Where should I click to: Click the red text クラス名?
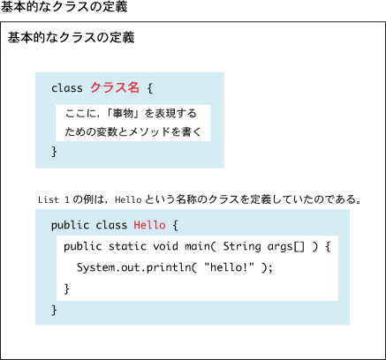(115, 87)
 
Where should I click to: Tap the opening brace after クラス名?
(150, 88)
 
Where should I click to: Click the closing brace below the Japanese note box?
(54, 152)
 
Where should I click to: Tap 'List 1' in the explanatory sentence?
(54, 200)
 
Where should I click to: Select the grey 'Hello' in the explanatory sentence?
(128, 200)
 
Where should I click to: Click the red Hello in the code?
(149, 225)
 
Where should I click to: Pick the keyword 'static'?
(127, 246)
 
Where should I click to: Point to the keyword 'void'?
(165, 246)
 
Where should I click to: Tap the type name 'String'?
(242, 246)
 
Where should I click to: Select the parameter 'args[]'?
(286, 247)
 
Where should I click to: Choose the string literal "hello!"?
(229, 267)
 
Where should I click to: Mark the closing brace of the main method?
(67, 289)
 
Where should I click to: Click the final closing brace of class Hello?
(54, 310)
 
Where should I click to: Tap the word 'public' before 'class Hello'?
(70, 225)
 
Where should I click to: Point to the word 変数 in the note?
(106, 131)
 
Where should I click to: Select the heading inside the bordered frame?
(72, 38)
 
